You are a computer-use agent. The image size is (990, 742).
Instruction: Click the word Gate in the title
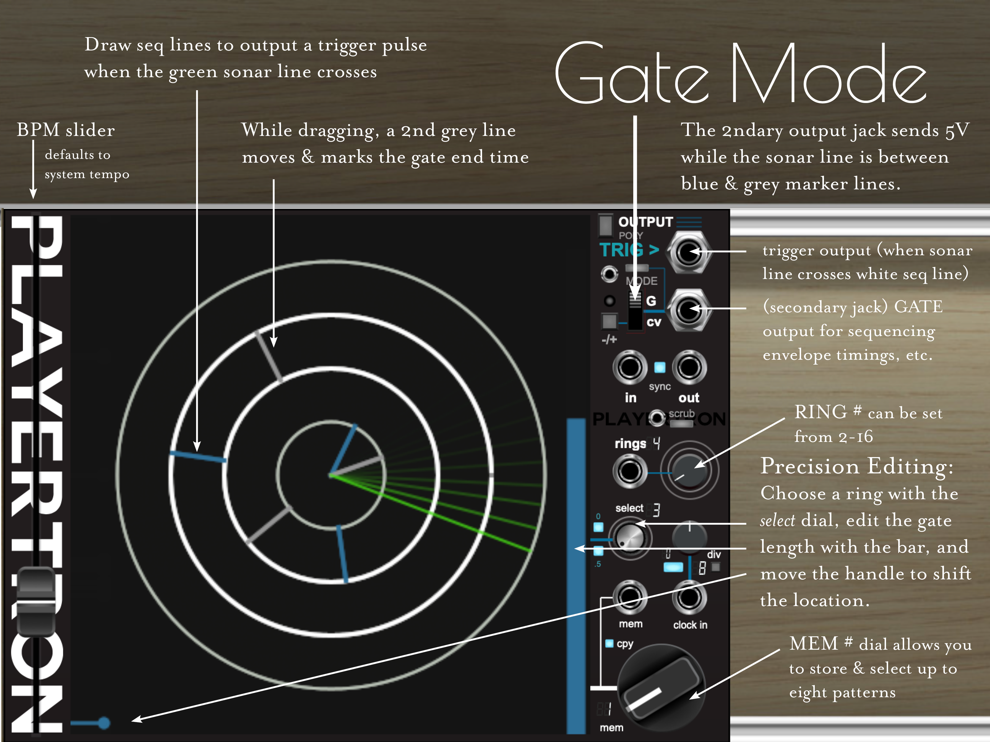[x=631, y=74]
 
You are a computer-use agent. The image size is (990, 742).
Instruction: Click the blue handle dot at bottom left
[x=104, y=723]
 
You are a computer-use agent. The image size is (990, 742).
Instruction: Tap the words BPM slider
[x=66, y=130]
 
